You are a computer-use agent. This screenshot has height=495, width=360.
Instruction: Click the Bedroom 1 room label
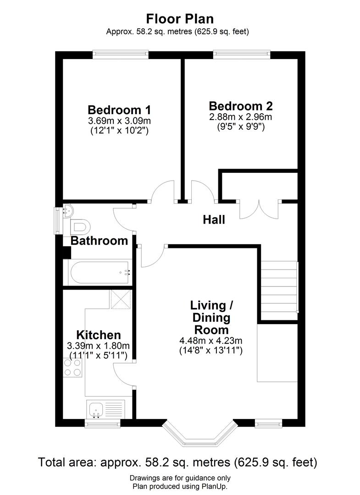pos(119,110)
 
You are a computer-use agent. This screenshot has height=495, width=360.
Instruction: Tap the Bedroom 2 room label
pos(241,106)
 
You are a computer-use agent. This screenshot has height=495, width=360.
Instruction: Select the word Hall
pos(214,220)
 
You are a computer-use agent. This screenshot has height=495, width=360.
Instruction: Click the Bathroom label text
pos(99,241)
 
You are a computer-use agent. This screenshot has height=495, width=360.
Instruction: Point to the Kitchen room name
pos(99,335)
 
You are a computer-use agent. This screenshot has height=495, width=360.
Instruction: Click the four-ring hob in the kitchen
pos(72,368)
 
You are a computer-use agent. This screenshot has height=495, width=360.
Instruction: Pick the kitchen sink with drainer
pos(105,409)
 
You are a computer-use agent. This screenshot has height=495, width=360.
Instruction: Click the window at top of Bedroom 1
pos(120,55)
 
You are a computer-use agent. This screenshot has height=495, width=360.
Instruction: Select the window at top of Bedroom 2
pos(242,55)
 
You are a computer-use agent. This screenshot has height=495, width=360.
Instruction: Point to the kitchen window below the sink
pos(103,423)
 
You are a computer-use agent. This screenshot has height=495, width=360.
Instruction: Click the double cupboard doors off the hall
pos(259,209)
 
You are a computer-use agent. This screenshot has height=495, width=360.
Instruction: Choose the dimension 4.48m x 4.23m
pos(210,341)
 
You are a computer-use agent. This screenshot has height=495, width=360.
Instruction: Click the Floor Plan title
pos(180,19)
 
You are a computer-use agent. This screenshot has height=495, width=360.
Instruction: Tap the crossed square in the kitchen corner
pos(121,299)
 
